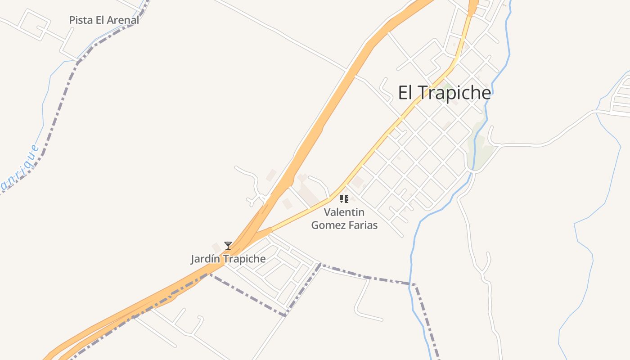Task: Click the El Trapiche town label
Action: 444,93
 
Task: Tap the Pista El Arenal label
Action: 104,20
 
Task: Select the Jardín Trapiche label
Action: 228,259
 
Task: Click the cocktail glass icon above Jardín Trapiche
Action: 228,246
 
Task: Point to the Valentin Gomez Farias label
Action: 344,219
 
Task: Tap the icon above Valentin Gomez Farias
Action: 344,199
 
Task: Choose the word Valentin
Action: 344,212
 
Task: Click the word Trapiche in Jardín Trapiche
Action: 244,259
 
